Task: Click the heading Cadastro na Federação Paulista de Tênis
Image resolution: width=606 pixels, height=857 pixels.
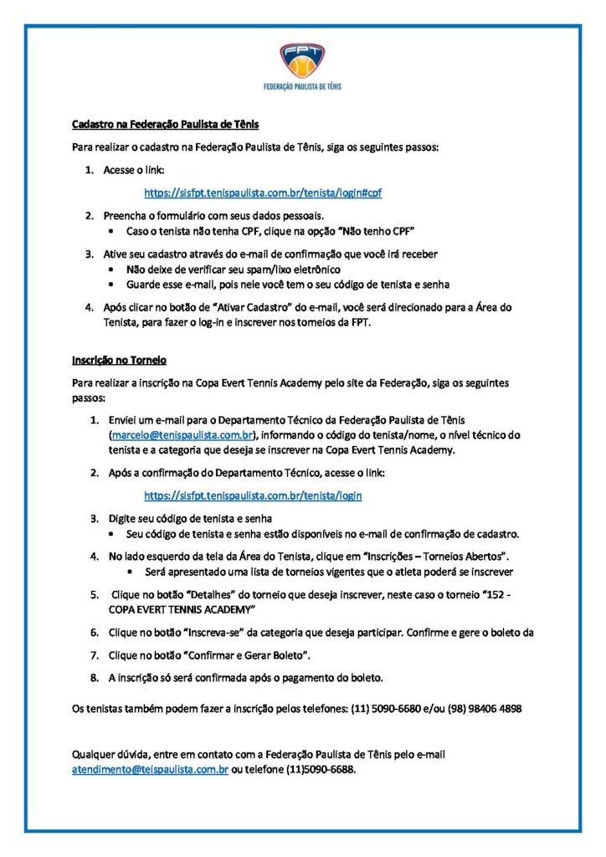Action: pos(166,125)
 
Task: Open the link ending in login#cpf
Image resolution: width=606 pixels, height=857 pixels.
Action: pos(263,192)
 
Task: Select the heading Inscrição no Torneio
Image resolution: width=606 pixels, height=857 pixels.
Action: pos(119,360)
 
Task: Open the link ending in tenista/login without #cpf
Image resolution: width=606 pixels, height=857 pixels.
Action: pos(253,495)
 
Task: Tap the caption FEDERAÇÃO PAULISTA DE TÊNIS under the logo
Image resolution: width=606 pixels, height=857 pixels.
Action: pos(302,86)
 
